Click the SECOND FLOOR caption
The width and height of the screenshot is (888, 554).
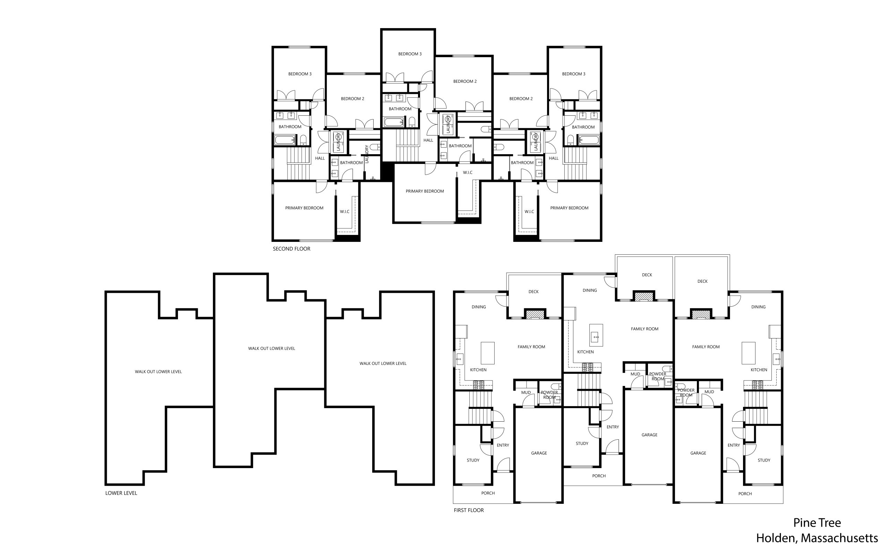coord(291,249)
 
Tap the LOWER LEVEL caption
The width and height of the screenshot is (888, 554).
coord(121,493)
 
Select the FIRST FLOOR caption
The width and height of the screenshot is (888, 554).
coord(468,510)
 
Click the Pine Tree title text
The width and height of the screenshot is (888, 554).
coord(817,522)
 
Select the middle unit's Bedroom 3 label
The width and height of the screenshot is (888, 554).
coord(410,54)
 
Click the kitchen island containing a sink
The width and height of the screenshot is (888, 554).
coord(596,335)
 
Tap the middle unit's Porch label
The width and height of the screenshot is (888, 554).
coord(599,476)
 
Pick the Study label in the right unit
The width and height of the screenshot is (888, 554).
coord(764,460)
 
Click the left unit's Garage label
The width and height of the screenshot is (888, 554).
coord(539,453)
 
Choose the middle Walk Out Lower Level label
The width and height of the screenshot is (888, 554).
coord(271,349)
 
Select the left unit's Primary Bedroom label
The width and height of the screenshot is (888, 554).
coord(304,208)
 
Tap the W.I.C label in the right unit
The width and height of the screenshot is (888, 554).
coord(529,212)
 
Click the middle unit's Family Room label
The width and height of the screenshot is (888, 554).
coord(644,329)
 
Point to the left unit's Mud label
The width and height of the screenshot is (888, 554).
coord(526,393)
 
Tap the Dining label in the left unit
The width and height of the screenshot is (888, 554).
coord(479,307)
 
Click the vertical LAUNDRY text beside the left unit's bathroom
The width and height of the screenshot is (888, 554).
coord(366,154)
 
